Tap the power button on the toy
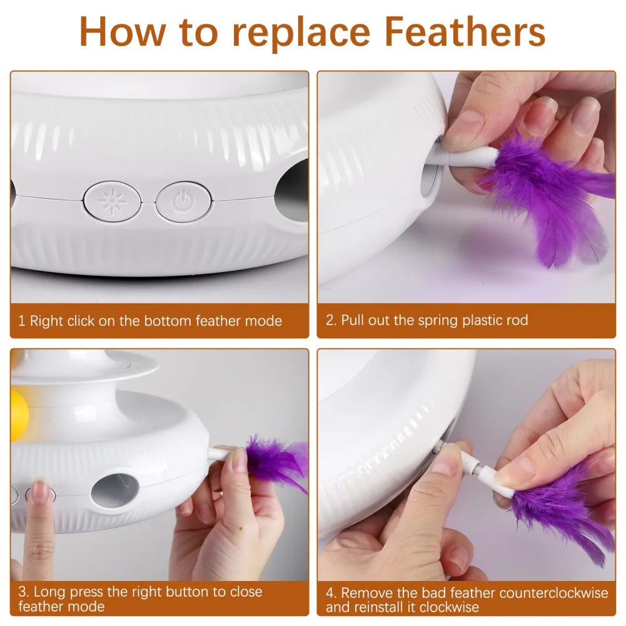click(181, 201)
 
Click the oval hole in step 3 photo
click(114, 490)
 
